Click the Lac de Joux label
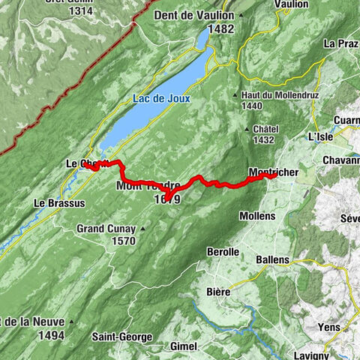(x=161, y=98)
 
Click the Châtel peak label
(x=266, y=129)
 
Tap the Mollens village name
(x=257, y=216)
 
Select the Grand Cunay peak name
(x=106, y=229)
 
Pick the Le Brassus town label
(x=59, y=203)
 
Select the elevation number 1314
(x=80, y=12)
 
